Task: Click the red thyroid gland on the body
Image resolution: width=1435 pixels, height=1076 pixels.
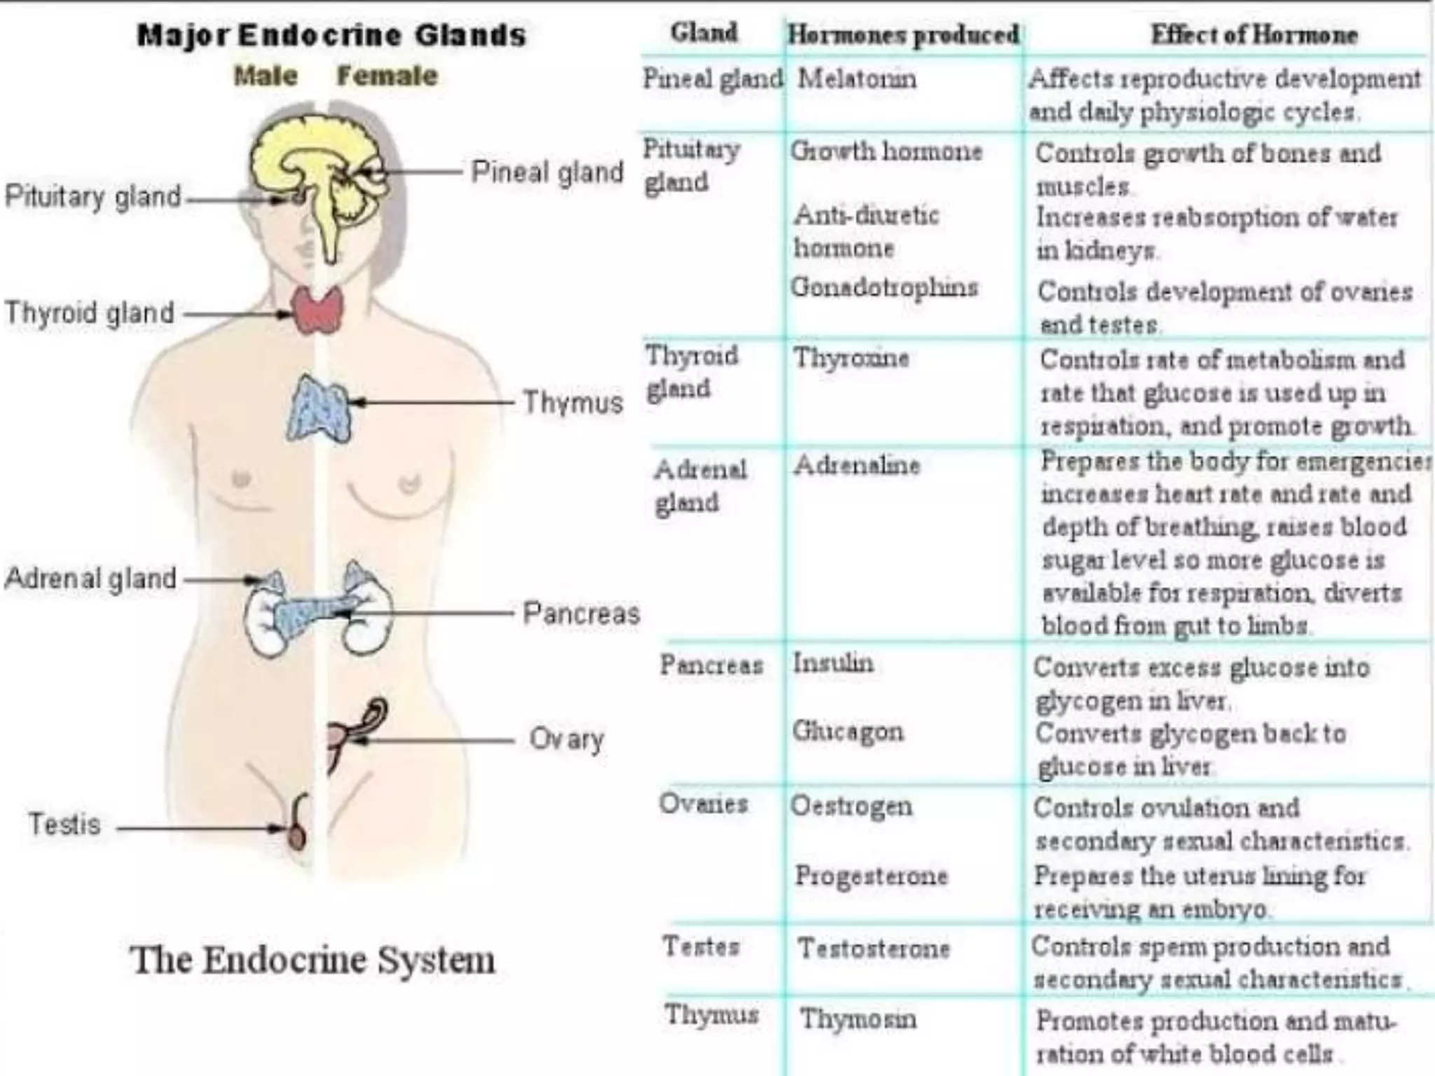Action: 318,310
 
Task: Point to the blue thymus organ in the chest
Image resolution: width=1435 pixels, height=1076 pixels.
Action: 318,410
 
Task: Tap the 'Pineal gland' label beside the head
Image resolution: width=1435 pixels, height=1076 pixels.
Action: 547,172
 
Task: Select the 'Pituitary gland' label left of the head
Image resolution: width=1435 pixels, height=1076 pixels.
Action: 93,196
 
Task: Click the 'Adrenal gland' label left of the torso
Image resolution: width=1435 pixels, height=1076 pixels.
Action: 90,579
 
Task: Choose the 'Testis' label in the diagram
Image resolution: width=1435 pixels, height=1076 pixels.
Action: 64,825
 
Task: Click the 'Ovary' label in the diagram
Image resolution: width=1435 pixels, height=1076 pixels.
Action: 567,740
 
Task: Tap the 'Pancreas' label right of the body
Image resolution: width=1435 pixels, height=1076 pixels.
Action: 581,614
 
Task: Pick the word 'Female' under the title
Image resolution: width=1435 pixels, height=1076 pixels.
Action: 387,76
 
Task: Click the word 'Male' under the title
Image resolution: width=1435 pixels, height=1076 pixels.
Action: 266,76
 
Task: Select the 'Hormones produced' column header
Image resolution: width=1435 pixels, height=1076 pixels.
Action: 903,34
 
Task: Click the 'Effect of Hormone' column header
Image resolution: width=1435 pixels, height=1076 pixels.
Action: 1254,34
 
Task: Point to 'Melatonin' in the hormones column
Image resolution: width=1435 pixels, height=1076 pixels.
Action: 857,78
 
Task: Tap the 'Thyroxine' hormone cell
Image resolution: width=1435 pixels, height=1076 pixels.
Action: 851,358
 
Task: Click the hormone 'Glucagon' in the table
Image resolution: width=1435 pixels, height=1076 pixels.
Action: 848,731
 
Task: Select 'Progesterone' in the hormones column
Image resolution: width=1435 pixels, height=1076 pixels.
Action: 871,875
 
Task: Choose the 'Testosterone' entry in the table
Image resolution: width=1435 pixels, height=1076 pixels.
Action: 874,949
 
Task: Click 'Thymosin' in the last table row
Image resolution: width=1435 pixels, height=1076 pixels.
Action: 858,1019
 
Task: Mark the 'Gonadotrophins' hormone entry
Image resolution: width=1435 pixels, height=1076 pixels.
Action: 884,287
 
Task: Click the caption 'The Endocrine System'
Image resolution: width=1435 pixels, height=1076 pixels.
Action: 313,960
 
